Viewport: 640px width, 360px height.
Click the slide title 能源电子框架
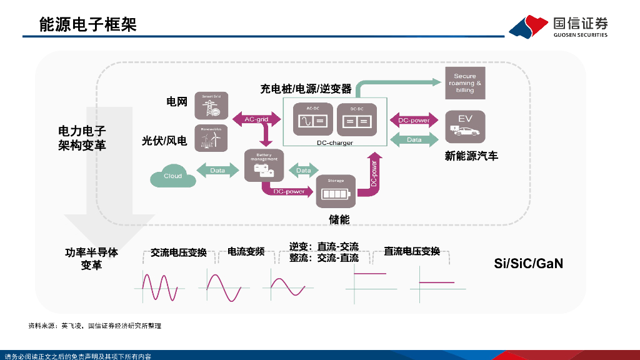click(87, 24)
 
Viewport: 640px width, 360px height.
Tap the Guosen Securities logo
click(558, 27)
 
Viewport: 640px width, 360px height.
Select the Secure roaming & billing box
click(465, 83)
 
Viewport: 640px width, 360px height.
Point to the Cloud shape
click(172, 176)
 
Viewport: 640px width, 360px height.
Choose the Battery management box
click(264, 166)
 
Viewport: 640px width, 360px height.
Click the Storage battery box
click(336, 191)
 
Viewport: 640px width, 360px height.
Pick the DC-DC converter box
click(356, 119)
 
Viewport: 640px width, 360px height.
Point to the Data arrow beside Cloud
click(217, 170)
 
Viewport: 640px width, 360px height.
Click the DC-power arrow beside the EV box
click(414, 120)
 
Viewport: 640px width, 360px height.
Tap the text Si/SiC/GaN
click(528, 263)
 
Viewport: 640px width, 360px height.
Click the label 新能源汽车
click(471, 156)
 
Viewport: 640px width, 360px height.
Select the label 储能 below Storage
click(339, 219)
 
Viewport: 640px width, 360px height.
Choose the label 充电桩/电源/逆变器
click(306, 89)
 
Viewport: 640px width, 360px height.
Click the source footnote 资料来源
click(94, 326)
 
